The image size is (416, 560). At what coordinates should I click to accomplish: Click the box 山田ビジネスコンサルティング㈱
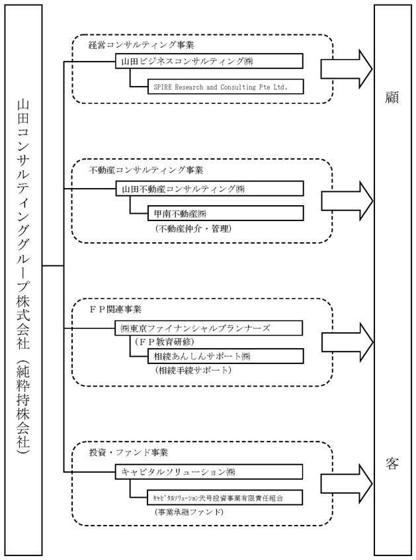click(210, 61)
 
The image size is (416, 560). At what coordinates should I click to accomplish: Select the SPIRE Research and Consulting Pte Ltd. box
click(226, 87)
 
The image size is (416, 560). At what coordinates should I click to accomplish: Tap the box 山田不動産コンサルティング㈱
click(210, 189)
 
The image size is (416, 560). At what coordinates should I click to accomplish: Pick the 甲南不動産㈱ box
click(226, 213)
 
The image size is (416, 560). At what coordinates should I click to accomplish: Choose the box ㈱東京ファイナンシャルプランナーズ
click(209, 328)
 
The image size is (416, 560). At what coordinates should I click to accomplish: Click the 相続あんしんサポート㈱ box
click(226, 356)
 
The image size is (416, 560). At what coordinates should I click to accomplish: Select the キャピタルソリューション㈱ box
click(209, 471)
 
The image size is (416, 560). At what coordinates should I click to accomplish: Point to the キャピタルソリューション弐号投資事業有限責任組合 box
click(226, 498)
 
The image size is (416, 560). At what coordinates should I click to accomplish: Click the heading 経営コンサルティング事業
click(142, 45)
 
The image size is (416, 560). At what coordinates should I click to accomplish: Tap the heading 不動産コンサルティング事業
click(146, 170)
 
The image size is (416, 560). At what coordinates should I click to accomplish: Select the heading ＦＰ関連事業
click(115, 309)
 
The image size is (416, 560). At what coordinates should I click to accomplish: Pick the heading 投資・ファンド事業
click(128, 453)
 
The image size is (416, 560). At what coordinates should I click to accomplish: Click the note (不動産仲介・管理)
click(193, 228)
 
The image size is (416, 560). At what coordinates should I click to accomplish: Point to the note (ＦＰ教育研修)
click(165, 342)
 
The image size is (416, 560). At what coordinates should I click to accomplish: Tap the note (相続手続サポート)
click(193, 370)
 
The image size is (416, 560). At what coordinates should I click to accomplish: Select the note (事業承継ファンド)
click(188, 512)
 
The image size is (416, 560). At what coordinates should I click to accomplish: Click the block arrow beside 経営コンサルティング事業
click(347, 68)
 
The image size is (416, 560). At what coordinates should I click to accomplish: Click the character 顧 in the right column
click(392, 97)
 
